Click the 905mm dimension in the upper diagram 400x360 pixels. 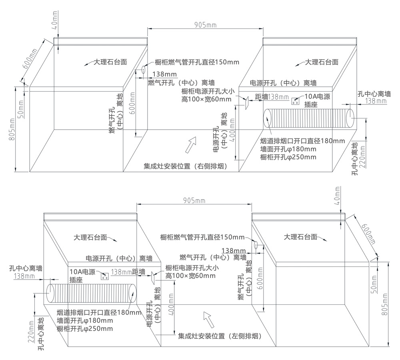tap(205, 24)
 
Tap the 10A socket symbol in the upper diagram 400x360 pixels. tap(296, 101)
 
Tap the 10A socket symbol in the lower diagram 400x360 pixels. tap(105, 276)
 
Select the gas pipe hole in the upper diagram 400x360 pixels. tap(142, 70)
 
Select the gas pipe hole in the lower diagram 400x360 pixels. tap(256, 244)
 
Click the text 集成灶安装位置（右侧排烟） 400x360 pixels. tap(186, 166)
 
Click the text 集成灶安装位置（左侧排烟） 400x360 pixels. tap(220, 336)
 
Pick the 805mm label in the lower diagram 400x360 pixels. tap(385, 306)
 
